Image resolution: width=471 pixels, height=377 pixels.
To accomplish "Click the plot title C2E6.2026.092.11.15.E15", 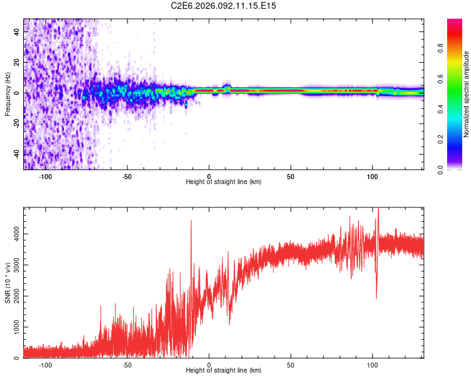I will tap(224, 6).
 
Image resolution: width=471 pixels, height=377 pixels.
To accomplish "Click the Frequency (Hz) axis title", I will tap(8, 94).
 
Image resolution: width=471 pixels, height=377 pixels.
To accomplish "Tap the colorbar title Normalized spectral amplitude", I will tap(466, 94).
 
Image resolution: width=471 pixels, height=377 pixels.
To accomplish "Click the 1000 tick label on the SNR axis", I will tap(13, 327).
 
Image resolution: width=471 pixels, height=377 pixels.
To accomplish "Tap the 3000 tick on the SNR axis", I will tap(13, 265).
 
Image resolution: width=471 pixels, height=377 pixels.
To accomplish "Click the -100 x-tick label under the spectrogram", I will tap(45, 176).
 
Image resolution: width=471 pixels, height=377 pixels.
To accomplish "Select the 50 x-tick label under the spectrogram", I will tap(291, 176).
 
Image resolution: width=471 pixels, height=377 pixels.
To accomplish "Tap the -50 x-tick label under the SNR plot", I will tap(127, 364).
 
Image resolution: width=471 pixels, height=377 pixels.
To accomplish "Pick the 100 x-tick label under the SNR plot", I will tap(372, 364).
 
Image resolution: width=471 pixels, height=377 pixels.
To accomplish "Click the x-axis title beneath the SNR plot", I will tap(224, 371).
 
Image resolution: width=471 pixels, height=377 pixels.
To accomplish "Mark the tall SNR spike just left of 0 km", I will tap(191, 221).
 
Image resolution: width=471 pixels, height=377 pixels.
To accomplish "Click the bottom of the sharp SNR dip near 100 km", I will tap(376, 298).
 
